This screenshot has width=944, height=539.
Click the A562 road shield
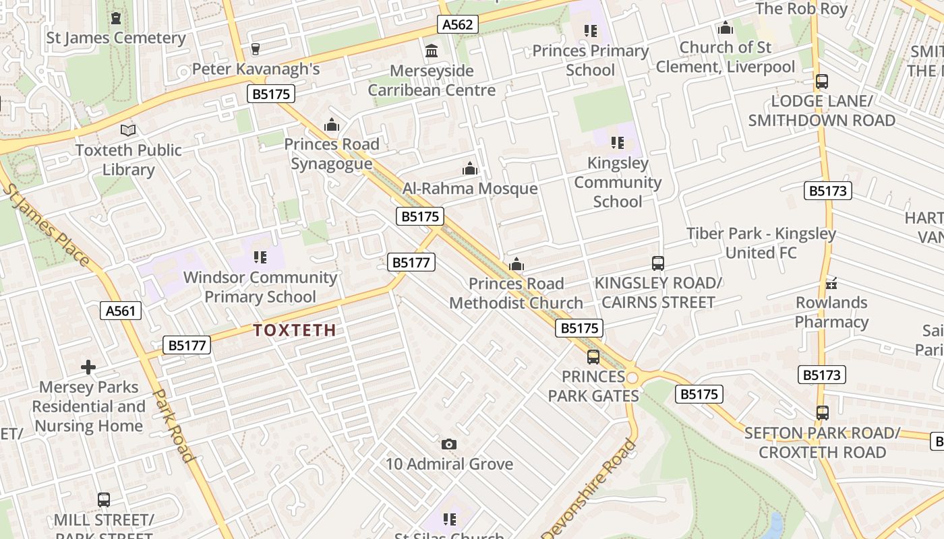[x=459, y=25]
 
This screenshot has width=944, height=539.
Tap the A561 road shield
[x=121, y=311]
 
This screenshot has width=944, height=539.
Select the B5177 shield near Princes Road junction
[x=411, y=262]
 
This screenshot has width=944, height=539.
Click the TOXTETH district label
[x=294, y=330]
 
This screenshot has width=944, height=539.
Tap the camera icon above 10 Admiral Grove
[x=449, y=444]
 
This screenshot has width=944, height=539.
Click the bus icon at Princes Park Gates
[x=593, y=356]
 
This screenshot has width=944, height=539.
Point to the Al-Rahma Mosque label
[x=470, y=189]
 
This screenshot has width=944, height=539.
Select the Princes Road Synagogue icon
[x=331, y=125]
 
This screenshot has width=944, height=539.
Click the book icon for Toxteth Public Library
[x=128, y=130]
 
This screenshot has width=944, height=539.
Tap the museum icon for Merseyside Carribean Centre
[x=432, y=51]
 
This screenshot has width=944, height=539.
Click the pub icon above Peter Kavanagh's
[x=255, y=49]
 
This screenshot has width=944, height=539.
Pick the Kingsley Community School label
[x=618, y=182]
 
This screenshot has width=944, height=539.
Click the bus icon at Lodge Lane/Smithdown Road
[x=821, y=82]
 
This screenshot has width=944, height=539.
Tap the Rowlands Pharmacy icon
[x=831, y=282]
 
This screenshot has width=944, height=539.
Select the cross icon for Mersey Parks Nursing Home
[x=88, y=367]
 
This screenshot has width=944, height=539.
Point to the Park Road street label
[x=175, y=425]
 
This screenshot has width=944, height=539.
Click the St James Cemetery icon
[x=116, y=18]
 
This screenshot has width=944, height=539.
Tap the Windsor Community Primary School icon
[x=260, y=257]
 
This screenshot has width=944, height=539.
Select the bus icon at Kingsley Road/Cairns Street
[x=657, y=263]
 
